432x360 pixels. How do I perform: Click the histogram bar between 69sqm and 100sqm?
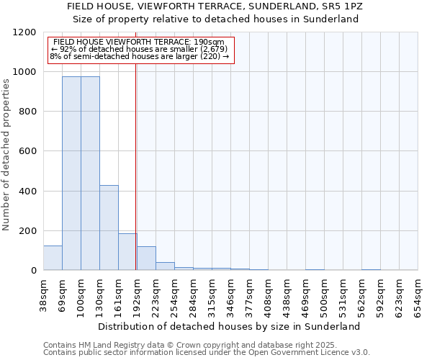click(x=71, y=173)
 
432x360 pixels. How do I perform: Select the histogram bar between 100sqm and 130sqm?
click(x=90, y=173)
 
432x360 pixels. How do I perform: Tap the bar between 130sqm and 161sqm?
click(x=109, y=228)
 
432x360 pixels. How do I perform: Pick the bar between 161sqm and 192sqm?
click(x=127, y=252)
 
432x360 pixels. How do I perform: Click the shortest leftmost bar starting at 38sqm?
click(x=53, y=258)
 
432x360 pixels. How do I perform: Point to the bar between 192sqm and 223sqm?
click(x=146, y=258)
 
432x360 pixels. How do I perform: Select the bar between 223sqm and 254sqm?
click(x=165, y=266)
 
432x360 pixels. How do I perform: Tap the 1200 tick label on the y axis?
click(x=24, y=32)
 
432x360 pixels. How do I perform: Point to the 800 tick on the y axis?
click(x=27, y=112)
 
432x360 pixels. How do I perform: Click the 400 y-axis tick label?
click(x=27, y=191)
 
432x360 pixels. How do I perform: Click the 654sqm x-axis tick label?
click(x=418, y=294)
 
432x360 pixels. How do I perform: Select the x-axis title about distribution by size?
click(x=229, y=326)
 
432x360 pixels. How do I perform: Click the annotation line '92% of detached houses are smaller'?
click(x=139, y=49)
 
